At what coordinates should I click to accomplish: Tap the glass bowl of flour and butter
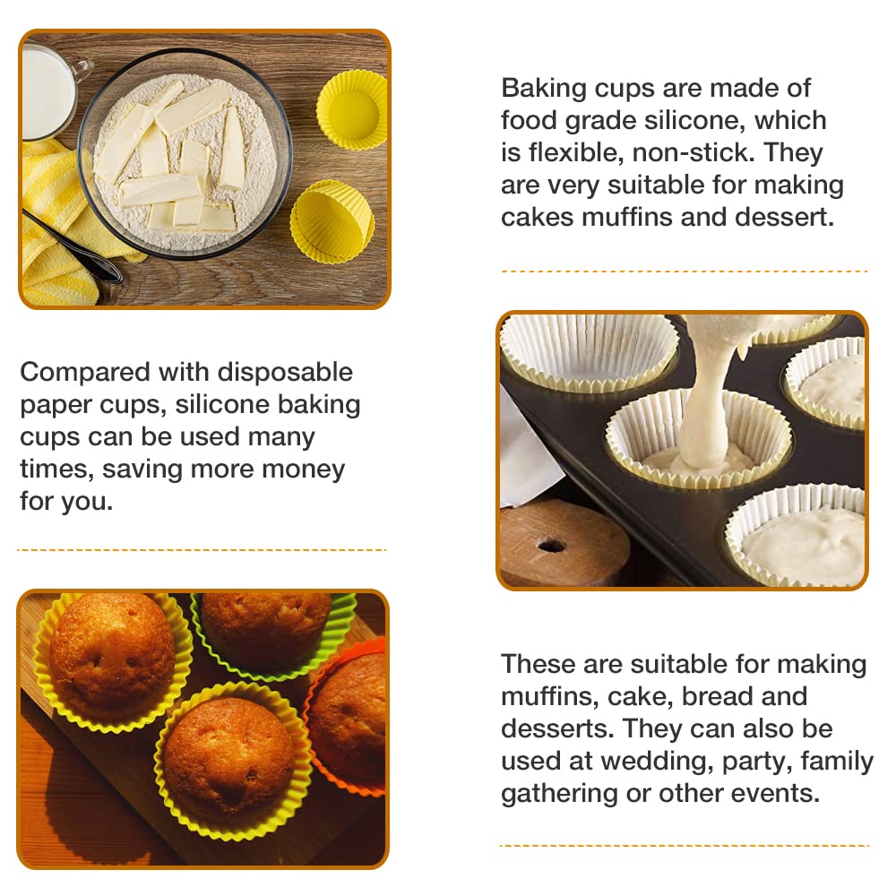[x=185, y=154]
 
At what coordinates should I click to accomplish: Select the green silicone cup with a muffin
[x=273, y=635]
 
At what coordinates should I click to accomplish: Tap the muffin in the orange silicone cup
[x=349, y=721]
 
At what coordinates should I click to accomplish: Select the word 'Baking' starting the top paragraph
[x=544, y=89]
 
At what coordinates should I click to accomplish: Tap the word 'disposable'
[x=285, y=373]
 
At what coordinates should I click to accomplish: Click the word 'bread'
[x=715, y=696]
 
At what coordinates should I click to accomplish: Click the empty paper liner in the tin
[x=590, y=349]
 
